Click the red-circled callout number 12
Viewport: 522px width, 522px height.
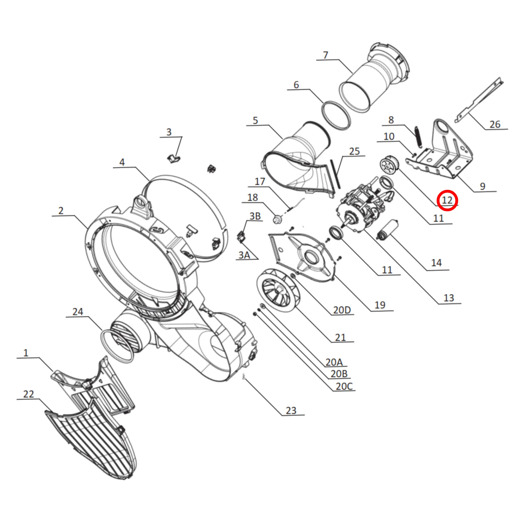tap(447, 200)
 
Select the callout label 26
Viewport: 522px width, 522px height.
tap(495, 124)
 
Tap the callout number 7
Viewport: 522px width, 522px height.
tap(326, 55)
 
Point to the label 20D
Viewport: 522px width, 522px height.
tap(342, 310)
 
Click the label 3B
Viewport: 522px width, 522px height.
tap(255, 216)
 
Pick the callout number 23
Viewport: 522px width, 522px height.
tap(291, 410)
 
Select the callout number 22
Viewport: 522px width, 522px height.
tap(28, 394)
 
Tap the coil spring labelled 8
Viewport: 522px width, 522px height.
tap(418, 137)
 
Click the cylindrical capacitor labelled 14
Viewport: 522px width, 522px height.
tap(388, 230)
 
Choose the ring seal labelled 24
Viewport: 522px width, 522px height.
tap(117, 346)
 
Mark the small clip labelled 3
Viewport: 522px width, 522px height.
tap(173, 159)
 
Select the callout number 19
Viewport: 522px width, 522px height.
tap(380, 305)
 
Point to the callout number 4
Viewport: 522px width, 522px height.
tap(122, 162)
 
